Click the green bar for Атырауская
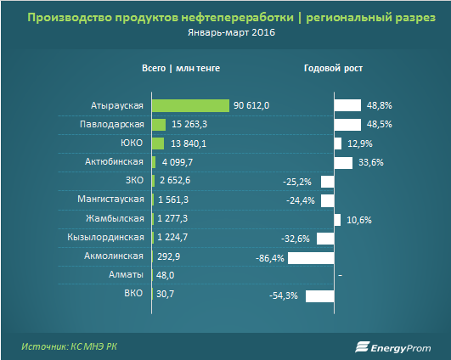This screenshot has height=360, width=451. click(191, 105)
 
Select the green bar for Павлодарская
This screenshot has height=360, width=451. click(158, 124)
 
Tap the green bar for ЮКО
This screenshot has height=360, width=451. click(157, 143)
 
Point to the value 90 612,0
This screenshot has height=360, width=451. click(252, 105)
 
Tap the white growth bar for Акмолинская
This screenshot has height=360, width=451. click(311, 257)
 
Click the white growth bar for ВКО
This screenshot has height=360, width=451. click(320, 295)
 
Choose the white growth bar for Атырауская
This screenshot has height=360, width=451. click(347, 105)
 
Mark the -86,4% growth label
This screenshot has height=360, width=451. click(269, 257)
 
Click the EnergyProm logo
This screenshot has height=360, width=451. click(392, 346)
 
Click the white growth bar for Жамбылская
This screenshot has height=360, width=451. click(338, 219)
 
